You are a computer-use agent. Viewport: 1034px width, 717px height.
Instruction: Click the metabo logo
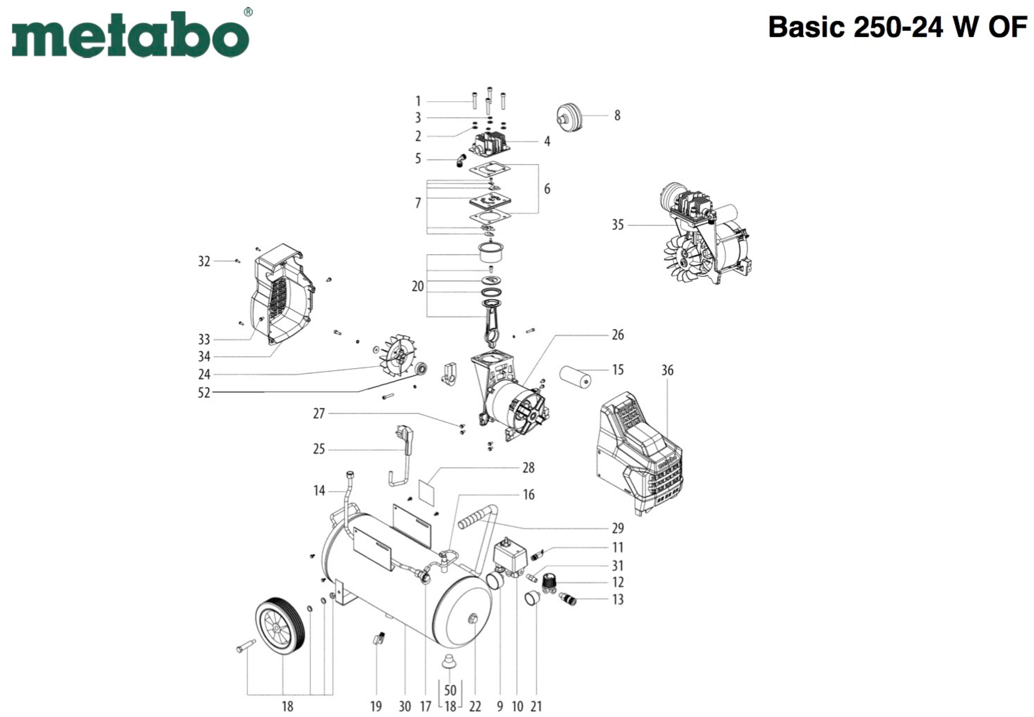(x=130, y=35)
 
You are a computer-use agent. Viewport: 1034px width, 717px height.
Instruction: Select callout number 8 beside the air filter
(x=617, y=115)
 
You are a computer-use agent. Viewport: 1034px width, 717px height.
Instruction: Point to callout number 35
(x=618, y=225)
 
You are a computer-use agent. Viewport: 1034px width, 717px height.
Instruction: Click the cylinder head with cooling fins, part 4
(x=490, y=143)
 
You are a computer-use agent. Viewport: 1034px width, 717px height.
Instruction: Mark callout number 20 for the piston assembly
(x=418, y=286)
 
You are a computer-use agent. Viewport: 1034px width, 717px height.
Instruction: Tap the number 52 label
(x=204, y=393)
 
